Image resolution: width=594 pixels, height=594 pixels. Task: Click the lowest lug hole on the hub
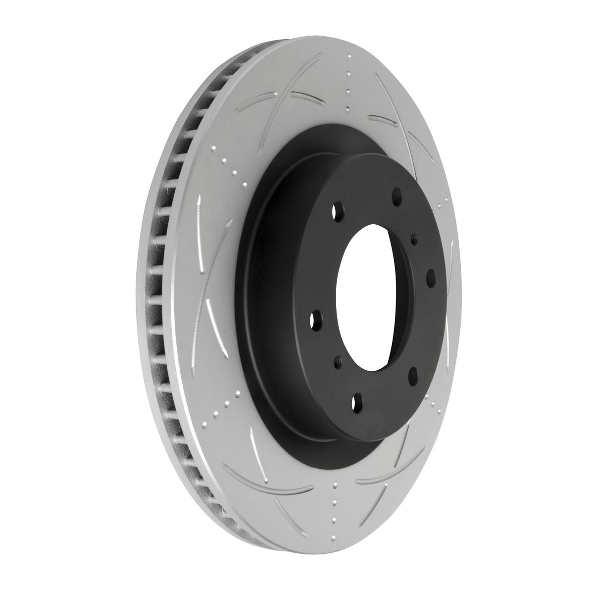tap(354, 401)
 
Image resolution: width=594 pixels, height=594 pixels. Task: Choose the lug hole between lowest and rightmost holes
tap(413, 371)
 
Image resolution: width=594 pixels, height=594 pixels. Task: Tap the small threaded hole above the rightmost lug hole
tap(414, 241)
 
